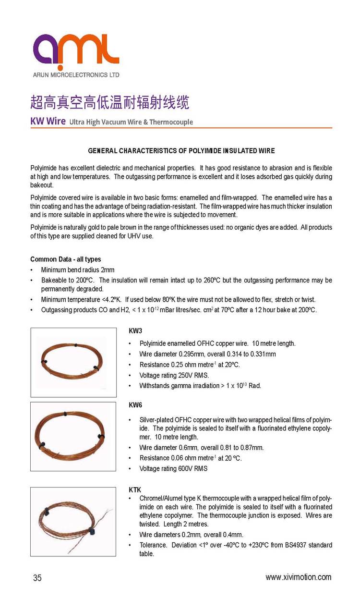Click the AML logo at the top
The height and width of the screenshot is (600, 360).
pos(76,49)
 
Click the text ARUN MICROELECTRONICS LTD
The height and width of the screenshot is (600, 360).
pos(76,75)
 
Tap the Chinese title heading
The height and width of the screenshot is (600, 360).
pos(109,102)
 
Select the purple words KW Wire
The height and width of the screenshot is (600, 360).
pos(48,121)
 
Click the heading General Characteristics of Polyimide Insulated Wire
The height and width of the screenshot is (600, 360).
pos(181,151)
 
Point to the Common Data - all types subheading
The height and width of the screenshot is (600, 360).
pos(66,259)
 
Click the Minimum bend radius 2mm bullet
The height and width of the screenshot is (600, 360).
pos(78,270)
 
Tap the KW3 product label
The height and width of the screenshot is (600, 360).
pos(135,332)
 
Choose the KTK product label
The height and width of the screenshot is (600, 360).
pos(135,490)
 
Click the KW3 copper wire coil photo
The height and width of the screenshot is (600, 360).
pos(73,362)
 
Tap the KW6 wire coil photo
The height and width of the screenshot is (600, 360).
pos(73,436)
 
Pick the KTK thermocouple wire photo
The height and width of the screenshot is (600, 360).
pos(73,521)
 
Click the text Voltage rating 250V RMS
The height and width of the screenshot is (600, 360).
pos(174,375)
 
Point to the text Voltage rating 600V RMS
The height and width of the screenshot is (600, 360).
pos(173,468)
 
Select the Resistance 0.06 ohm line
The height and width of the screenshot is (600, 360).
pos(191,458)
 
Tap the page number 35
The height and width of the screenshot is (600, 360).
pos(37,578)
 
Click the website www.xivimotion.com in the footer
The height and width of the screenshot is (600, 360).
pos(298,577)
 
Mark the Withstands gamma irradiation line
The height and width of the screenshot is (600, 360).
pos(200,386)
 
